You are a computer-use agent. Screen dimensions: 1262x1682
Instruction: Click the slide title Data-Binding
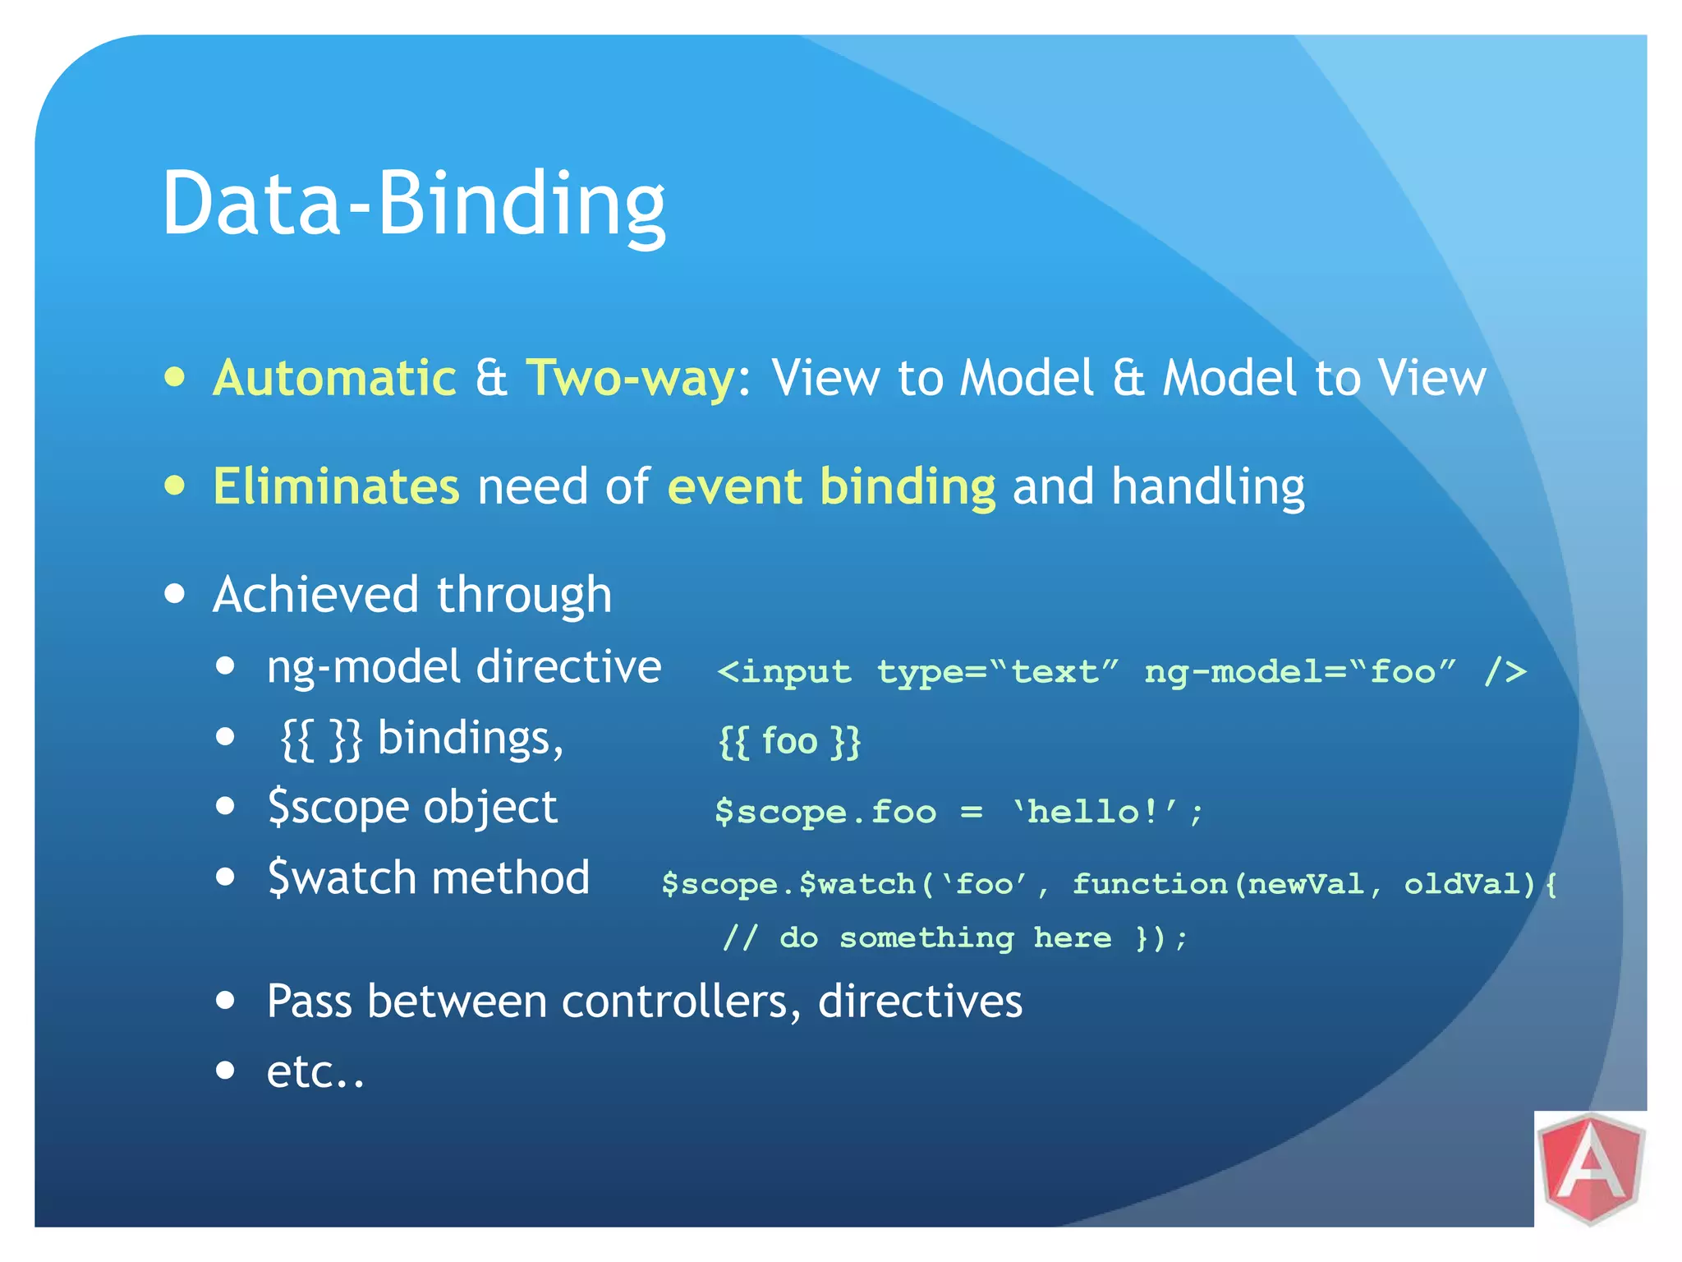point(413,204)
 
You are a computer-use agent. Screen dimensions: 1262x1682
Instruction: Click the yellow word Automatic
point(334,378)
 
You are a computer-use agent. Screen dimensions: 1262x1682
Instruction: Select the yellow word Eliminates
point(336,486)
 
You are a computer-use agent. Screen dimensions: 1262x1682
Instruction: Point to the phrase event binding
point(831,486)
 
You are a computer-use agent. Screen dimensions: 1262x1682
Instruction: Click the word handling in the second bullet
point(1207,486)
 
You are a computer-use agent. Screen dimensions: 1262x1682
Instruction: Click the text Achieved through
point(412,594)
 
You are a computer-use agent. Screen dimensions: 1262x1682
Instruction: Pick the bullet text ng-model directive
point(464,666)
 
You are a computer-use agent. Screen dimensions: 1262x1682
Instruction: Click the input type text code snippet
point(1121,672)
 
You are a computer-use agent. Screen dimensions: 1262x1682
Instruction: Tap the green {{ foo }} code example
point(789,741)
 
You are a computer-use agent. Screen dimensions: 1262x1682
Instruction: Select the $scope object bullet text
point(412,807)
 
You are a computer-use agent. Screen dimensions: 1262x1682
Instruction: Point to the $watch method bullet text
point(428,877)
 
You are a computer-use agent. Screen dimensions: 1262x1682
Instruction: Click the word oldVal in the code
point(1468,884)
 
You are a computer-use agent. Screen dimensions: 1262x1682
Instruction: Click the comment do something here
point(944,937)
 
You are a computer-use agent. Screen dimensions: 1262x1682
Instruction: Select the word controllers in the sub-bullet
point(675,1002)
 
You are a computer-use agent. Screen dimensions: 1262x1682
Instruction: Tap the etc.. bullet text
point(315,1071)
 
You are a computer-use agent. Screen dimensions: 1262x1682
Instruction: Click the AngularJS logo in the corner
point(1591,1168)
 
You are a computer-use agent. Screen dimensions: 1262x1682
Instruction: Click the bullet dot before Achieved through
point(174,594)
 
